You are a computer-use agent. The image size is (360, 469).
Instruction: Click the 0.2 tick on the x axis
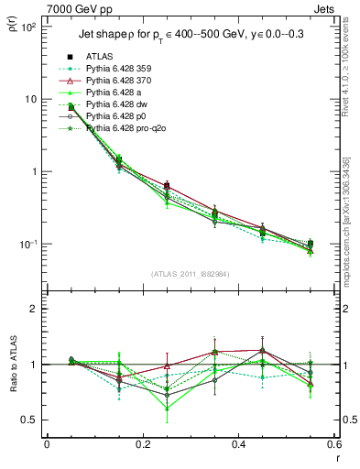click(142, 445)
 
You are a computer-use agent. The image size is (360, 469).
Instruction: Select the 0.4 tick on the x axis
click(238, 445)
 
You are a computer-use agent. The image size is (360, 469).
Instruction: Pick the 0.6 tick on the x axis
click(333, 445)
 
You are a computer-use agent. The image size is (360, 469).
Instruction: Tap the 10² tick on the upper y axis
click(27, 27)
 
